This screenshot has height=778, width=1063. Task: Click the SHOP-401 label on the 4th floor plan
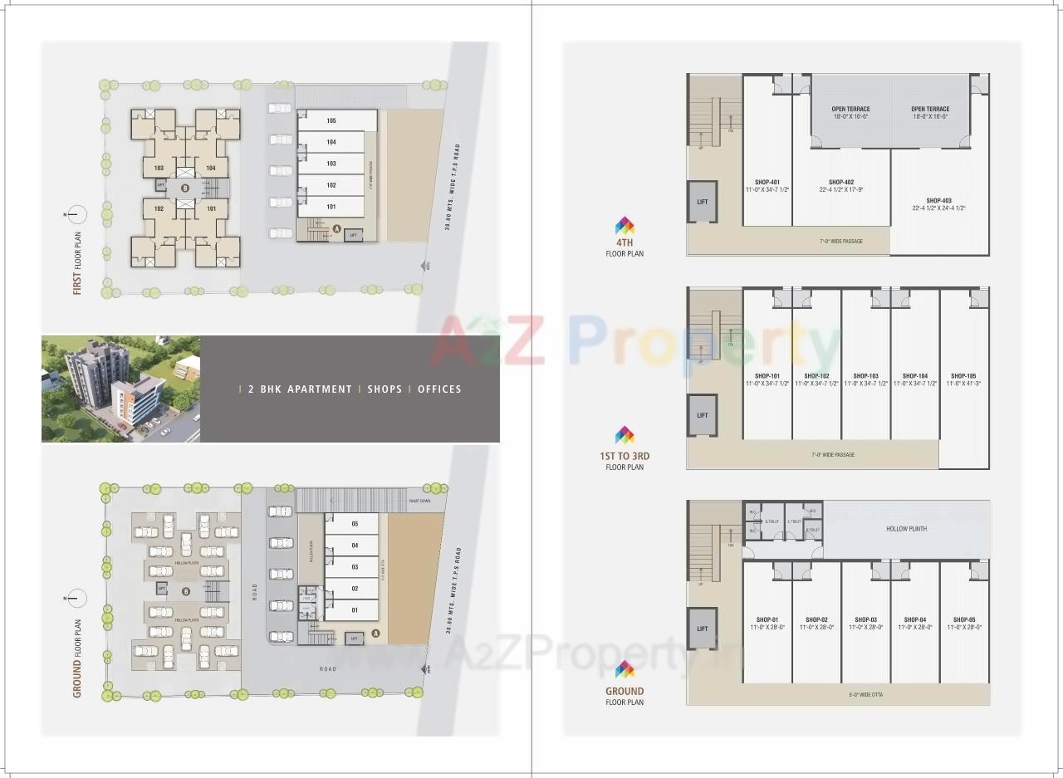click(767, 182)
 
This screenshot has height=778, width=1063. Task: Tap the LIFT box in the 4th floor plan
click(702, 202)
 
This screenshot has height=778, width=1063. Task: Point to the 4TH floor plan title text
click(625, 242)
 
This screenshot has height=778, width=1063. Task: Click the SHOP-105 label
click(963, 375)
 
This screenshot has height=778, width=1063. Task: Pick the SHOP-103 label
click(865, 375)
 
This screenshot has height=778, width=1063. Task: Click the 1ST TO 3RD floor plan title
click(625, 456)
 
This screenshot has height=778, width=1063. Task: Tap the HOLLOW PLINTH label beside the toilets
click(906, 528)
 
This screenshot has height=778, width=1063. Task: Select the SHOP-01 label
click(767, 619)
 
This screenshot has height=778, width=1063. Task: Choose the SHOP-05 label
click(963, 619)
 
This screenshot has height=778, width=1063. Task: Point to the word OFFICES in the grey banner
click(439, 389)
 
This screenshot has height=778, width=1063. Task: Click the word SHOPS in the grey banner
click(385, 389)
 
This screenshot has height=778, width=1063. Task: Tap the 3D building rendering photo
click(120, 389)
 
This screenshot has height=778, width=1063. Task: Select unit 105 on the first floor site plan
click(331, 121)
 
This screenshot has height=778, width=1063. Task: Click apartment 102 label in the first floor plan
click(159, 208)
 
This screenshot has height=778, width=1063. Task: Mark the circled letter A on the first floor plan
click(336, 228)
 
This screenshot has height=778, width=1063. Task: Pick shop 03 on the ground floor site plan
click(355, 567)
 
